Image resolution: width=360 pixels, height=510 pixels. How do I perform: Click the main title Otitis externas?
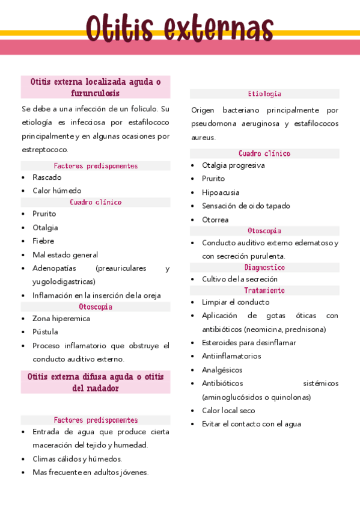tap(180, 27)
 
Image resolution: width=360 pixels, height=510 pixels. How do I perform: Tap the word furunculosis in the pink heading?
tap(95, 93)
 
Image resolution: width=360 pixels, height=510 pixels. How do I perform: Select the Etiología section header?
tap(264, 94)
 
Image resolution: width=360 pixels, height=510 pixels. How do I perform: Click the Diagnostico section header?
tap(264, 267)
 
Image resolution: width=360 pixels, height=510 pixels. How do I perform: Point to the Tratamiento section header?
tap(264, 290)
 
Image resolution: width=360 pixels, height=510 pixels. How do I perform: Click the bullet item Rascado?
tap(47, 177)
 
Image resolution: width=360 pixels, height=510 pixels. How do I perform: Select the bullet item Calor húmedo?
tap(56, 191)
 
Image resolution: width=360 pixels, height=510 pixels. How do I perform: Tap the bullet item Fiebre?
tap(43, 241)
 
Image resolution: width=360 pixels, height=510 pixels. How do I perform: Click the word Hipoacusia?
tap(221, 192)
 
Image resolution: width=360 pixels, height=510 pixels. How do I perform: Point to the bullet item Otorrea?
tap(215, 220)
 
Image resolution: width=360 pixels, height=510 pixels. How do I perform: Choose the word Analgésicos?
tap(222, 370)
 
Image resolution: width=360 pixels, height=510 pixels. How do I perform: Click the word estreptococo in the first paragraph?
tap(44, 150)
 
